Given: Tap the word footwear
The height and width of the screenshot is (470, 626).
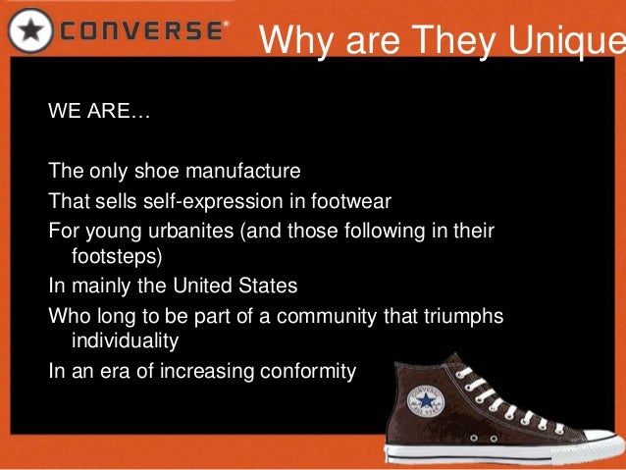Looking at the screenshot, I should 351,202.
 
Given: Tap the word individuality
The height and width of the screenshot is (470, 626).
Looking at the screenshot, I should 126,342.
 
